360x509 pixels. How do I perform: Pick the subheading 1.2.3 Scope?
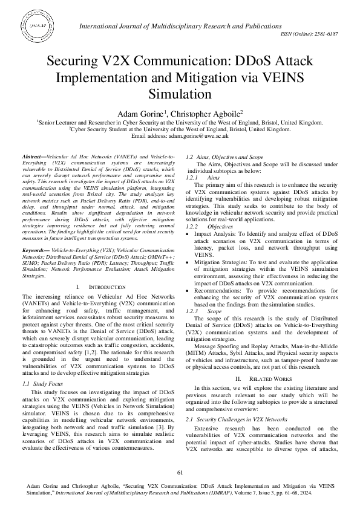pyautogui.click(x=201, y=310)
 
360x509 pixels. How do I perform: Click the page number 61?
pyautogui.click(x=180, y=472)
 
